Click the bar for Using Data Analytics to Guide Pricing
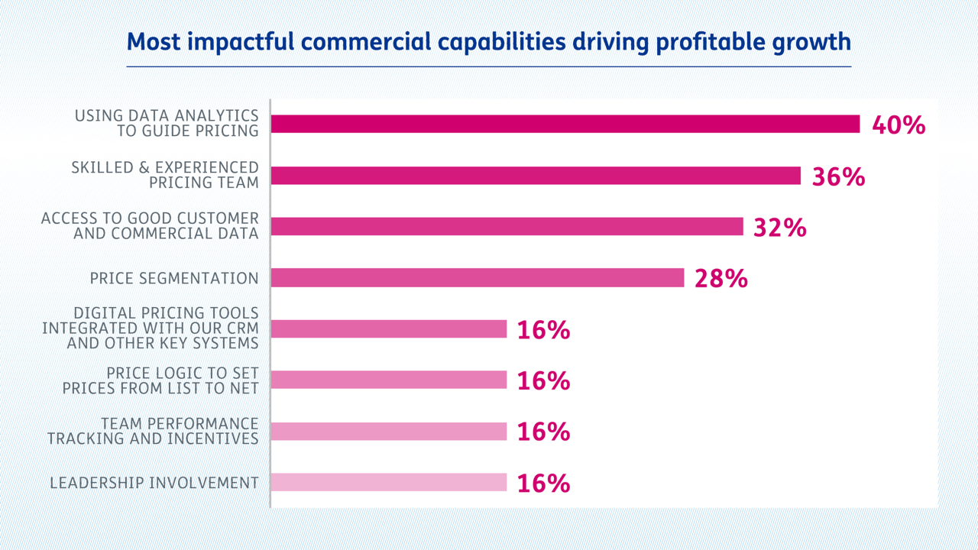click(x=565, y=125)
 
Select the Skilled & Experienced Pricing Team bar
click(x=536, y=176)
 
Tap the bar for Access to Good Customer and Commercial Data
click(x=507, y=227)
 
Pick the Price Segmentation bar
click(x=478, y=278)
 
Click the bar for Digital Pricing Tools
click(x=389, y=329)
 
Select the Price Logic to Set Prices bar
click(x=389, y=380)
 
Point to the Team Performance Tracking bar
click(x=389, y=432)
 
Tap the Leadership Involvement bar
click(x=389, y=483)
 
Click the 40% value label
click(x=899, y=125)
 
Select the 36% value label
click(x=838, y=176)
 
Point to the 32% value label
click(x=779, y=228)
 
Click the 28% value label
click(x=721, y=279)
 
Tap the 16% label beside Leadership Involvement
click(x=543, y=484)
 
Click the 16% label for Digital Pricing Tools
click(x=543, y=330)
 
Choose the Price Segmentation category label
click(x=174, y=278)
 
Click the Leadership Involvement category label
click(x=154, y=483)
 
